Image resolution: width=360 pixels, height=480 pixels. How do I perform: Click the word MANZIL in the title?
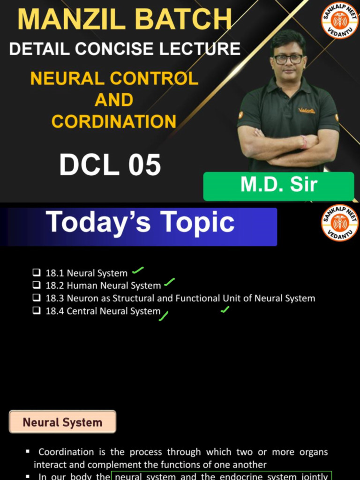(70, 20)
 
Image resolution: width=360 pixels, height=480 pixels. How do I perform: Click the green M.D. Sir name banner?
(278, 186)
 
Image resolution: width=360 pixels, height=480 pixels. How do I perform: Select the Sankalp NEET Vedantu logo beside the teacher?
(339, 21)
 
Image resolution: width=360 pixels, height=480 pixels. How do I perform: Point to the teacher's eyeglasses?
(288, 59)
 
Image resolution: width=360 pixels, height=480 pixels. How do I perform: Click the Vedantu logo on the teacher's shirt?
(307, 111)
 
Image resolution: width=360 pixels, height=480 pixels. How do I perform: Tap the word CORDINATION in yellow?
(114, 121)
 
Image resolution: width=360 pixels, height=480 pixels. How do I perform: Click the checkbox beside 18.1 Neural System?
(37, 273)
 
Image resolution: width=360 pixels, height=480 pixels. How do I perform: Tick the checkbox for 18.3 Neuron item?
(37, 298)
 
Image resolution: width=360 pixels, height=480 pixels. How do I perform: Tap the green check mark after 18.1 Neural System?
(137, 270)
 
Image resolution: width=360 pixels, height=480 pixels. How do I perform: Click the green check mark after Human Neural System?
(169, 283)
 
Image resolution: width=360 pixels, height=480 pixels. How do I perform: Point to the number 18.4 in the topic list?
(54, 311)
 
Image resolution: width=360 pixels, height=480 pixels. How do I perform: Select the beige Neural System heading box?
(62, 422)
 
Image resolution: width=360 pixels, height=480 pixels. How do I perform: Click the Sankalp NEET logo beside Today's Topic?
(339, 224)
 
